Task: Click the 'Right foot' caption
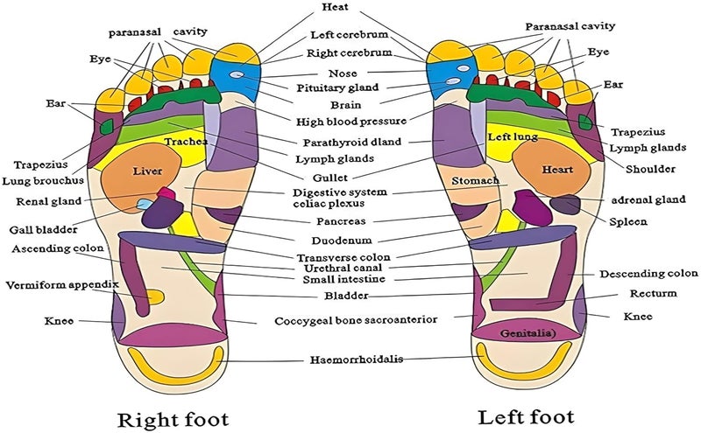click(x=173, y=419)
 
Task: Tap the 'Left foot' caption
click(x=527, y=417)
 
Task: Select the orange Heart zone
click(x=552, y=171)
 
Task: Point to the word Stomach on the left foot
click(x=475, y=181)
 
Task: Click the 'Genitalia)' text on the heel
click(x=528, y=333)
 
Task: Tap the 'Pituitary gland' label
click(x=337, y=87)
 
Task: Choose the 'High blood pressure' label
click(x=351, y=121)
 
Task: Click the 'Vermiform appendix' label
click(x=62, y=285)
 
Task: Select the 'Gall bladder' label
click(x=43, y=230)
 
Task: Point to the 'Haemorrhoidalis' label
click(x=357, y=360)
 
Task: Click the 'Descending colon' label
click(x=648, y=273)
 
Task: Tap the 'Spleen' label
click(x=628, y=221)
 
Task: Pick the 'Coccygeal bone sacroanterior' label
click(x=356, y=320)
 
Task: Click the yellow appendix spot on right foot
click(x=155, y=297)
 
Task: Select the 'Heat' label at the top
click(x=336, y=7)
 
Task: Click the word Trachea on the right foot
click(x=186, y=142)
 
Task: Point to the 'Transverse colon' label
click(x=343, y=257)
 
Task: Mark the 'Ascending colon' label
click(x=58, y=248)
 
